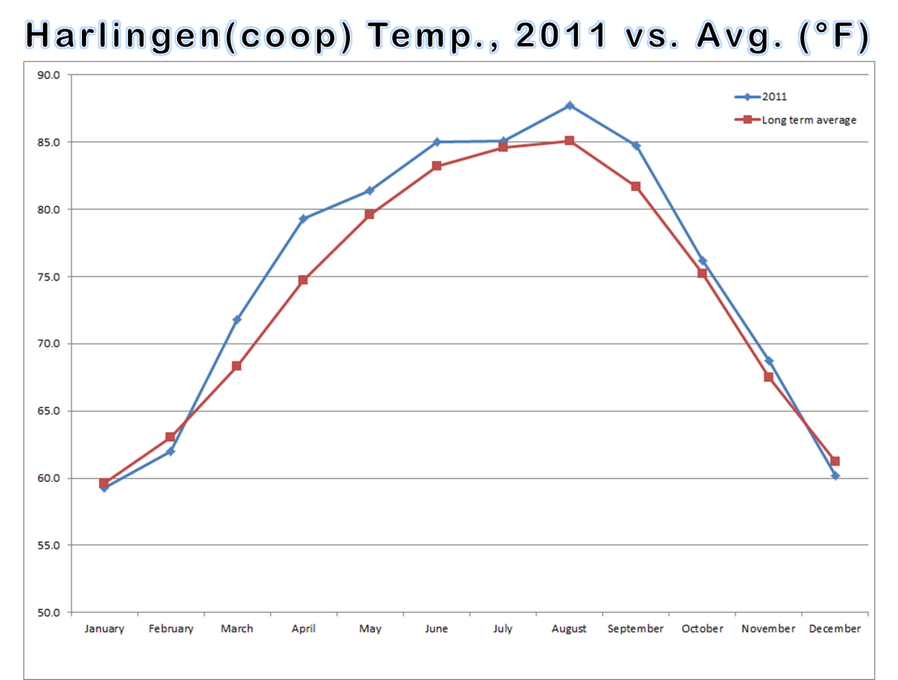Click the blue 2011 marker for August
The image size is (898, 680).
(570, 106)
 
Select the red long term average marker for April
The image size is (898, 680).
(303, 280)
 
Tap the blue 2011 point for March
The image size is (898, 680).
(237, 320)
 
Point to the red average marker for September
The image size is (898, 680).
(636, 187)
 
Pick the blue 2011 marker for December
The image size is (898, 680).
(835, 476)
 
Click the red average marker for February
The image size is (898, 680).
(171, 437)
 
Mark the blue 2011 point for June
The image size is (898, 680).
(437, 142)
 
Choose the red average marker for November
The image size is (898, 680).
(769, 377)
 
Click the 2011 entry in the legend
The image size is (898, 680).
(774, 97)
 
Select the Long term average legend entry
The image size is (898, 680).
(808, 120)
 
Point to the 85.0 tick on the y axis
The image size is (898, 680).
(48, 142)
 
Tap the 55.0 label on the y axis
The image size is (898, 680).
(48, 545)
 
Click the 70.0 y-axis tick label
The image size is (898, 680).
(48, 344)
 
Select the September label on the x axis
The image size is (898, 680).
(635, 629)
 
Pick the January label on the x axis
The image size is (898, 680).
(104, 629)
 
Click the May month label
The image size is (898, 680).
(370, 629)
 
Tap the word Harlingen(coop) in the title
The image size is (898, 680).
(188, 36)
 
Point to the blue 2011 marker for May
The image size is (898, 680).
(370, 191)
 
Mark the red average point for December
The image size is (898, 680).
(835, 461)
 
